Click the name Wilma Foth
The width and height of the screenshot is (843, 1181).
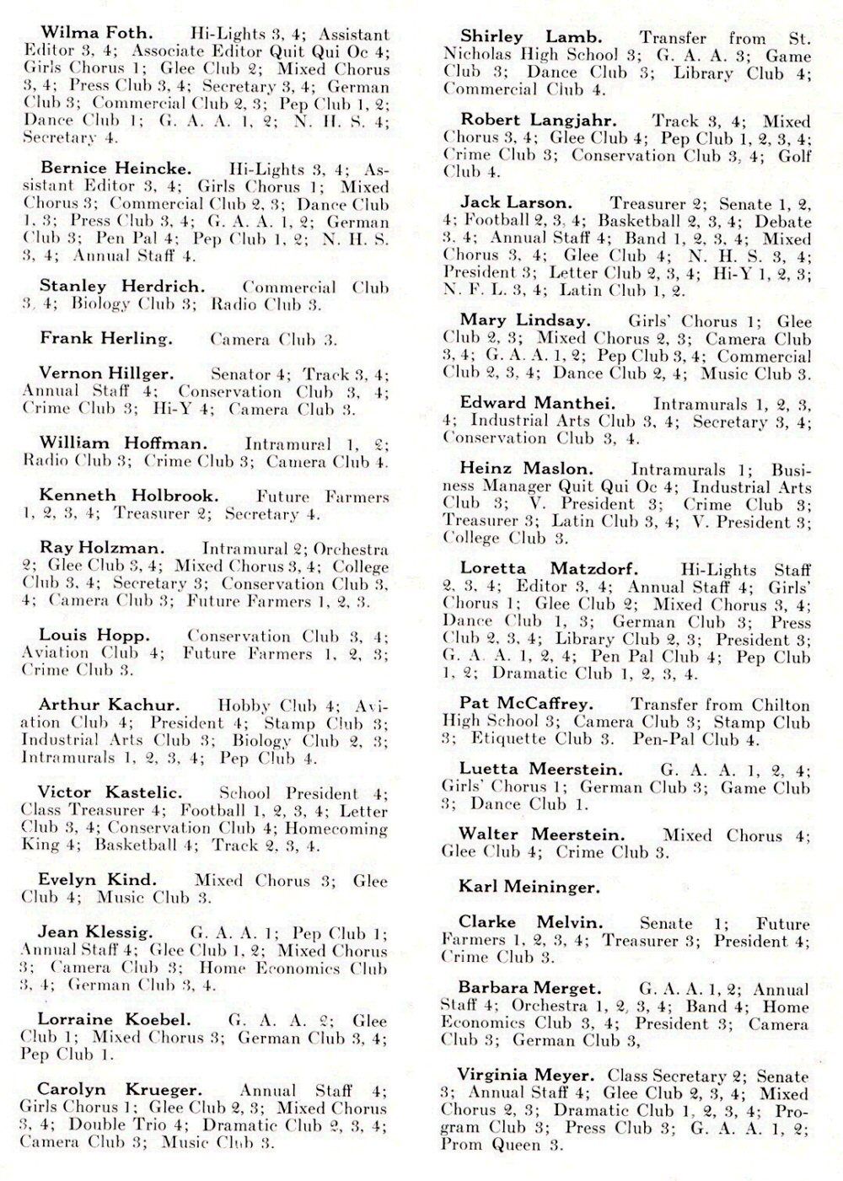coord(97,34)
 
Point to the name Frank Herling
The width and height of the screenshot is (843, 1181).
coord(106,339)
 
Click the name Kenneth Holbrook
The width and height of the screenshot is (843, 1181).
coord(128,496)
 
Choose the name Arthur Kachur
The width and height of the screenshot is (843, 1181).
coord(109,705)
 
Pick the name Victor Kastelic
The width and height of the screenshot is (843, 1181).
coord(110,792)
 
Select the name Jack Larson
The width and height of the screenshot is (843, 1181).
coord(516,203)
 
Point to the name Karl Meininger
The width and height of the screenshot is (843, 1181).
coord(529,886)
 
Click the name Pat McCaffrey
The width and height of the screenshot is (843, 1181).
coord(526,703)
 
